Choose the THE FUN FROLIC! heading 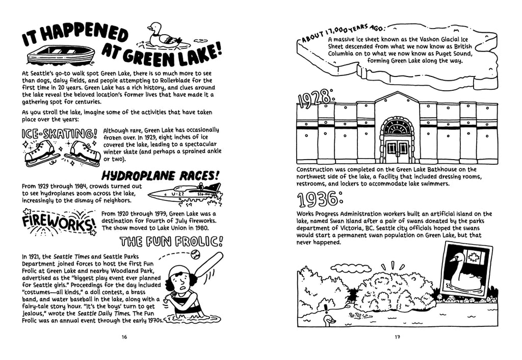[x=171, y=241]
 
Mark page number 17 [x=397, y=337]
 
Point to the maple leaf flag [x=477, y=255]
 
